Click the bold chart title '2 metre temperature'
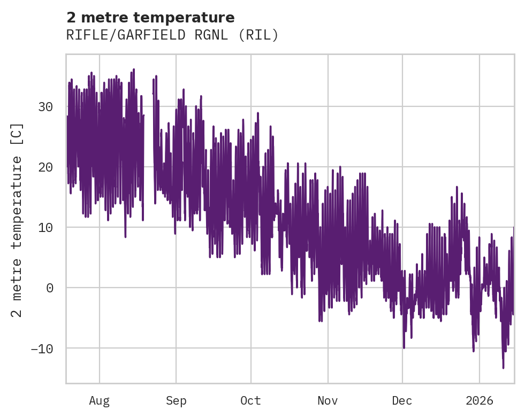pyautogui.click(x=150, y=18)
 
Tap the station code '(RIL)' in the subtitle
pyautogui.click(x=258, y=35)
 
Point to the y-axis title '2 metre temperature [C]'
pyautogui.click(x=18, y=220)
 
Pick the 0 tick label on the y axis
pyautogui.click(x=49, y=288)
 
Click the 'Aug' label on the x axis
pyautogui.click(x=99, y=400)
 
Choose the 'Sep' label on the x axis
pyautogui.click(x=176, y=400)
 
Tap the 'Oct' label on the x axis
pyautogui.click(x=250, y=400)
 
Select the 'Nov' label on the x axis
pyautogui.click(x=328, y=400)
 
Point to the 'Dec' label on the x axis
pyautogui.click(x=402, y=400)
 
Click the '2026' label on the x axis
pyautogui.click(x=479, y=400)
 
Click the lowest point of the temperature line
pyautogui.click(x=503, y=368)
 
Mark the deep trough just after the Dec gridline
pyautogui.click(x=404, y=348)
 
